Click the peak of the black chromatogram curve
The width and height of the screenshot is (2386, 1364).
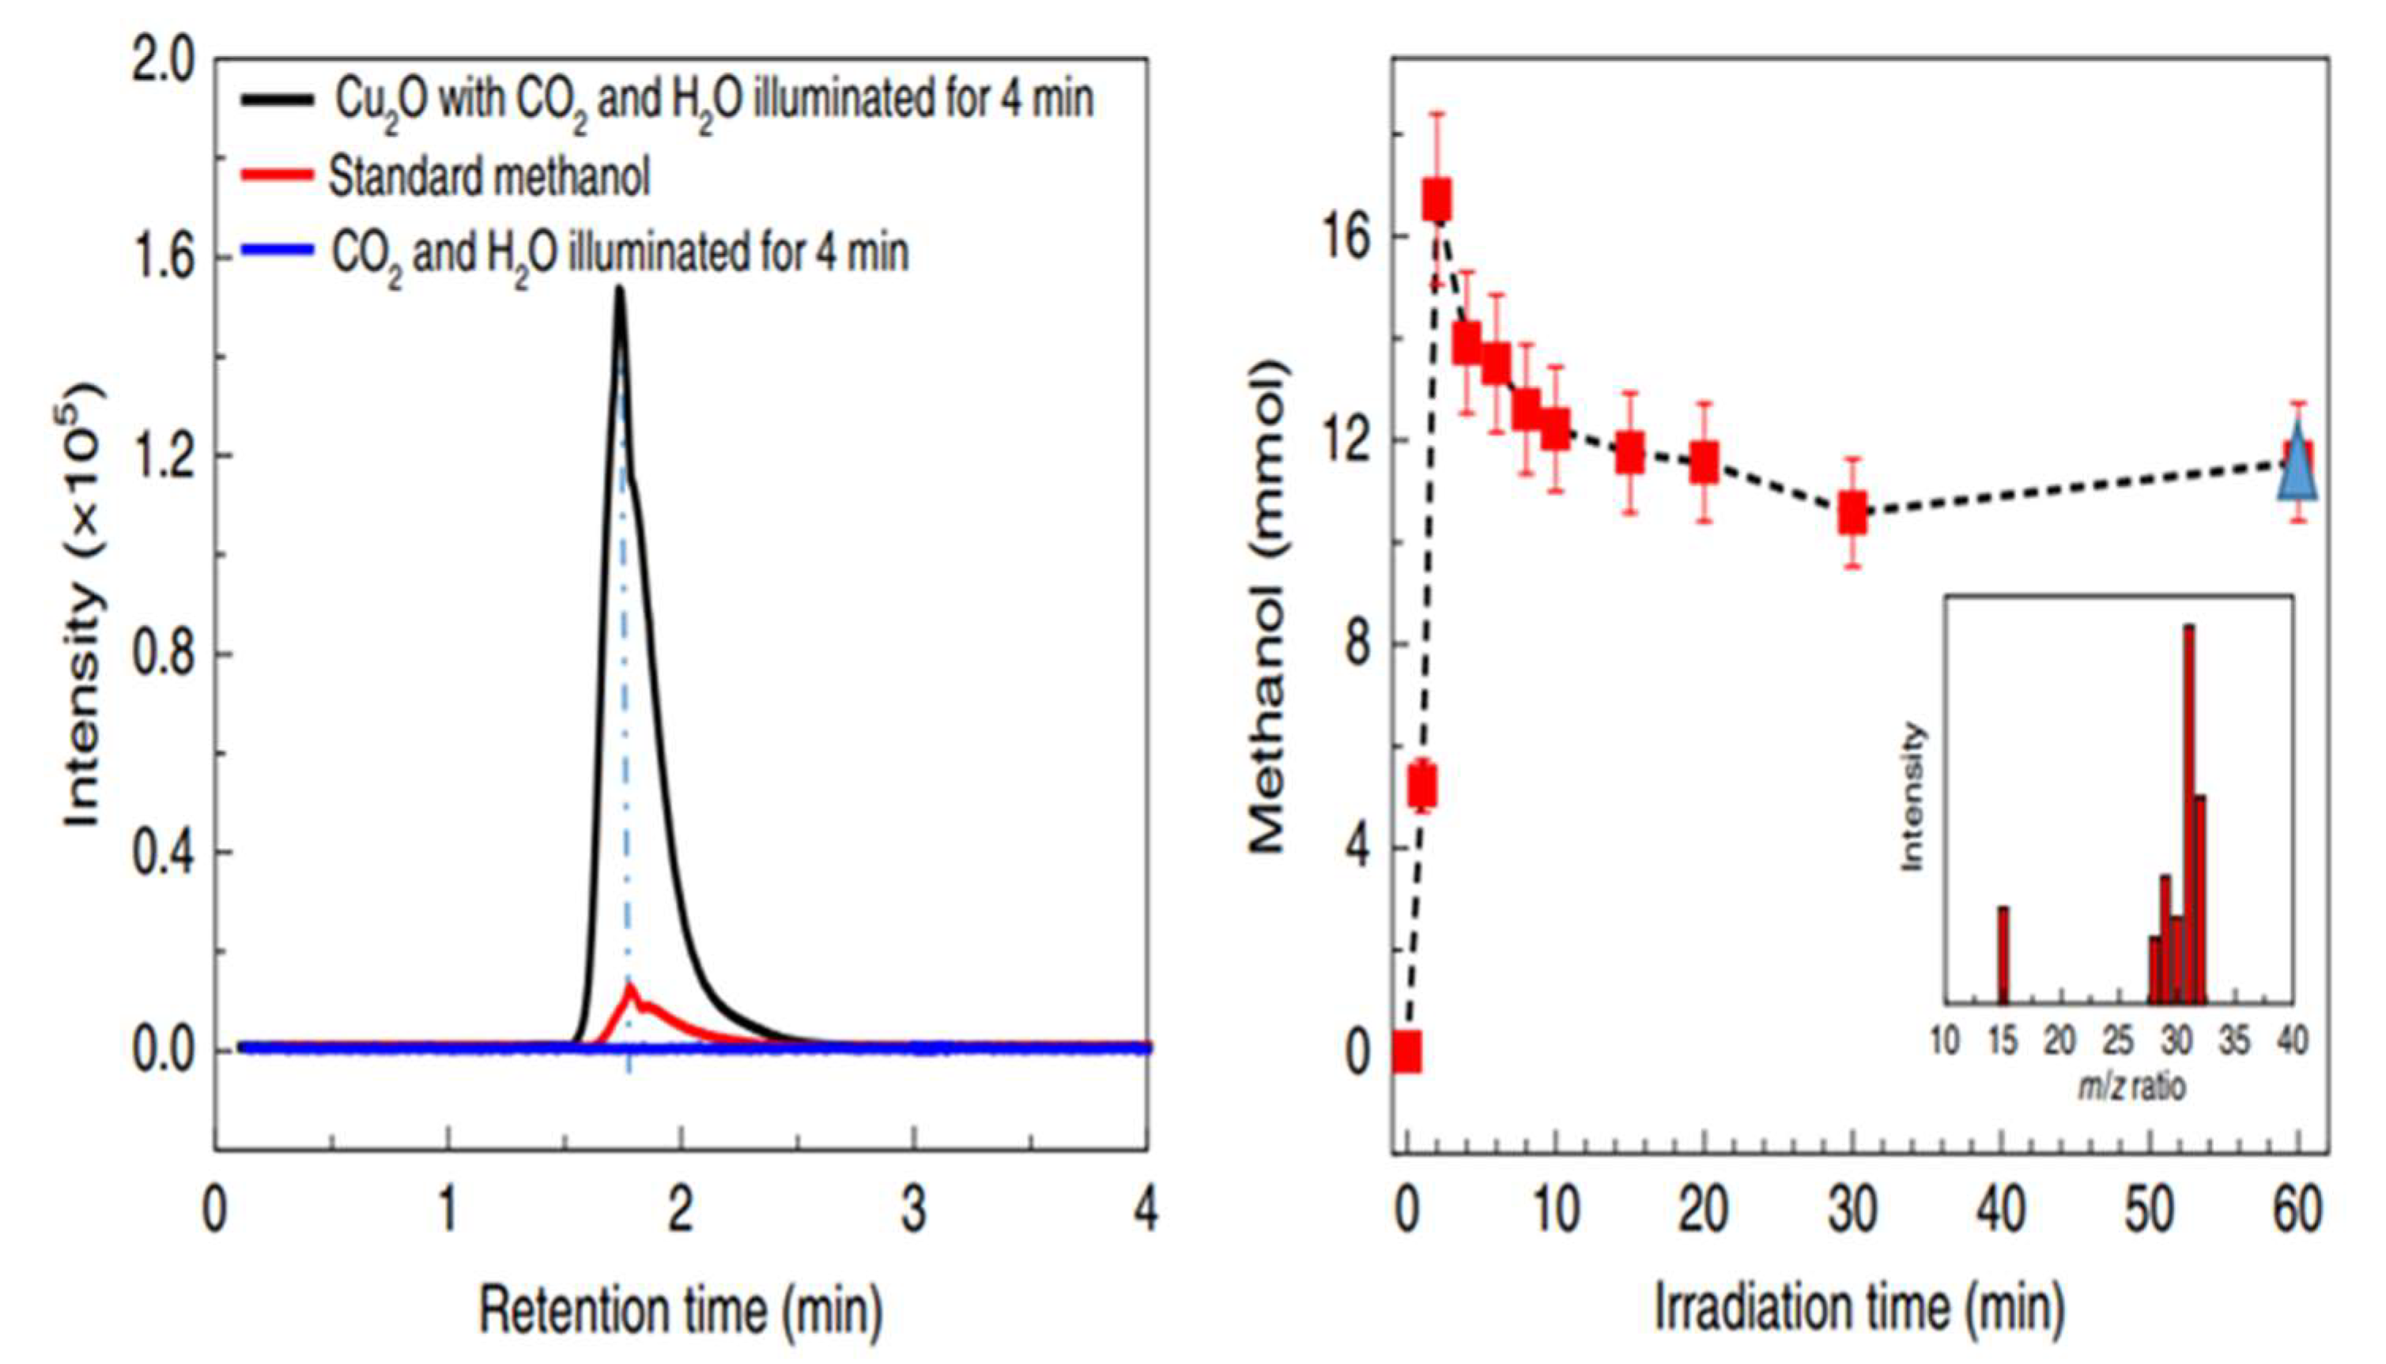pos(618,290)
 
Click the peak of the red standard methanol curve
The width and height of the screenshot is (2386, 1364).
pos(631,986)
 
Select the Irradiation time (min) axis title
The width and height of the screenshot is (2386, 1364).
pos(1859,1308)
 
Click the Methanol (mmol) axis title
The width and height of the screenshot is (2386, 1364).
pos(1267,609)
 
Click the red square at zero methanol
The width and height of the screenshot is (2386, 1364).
pos(1406,1051)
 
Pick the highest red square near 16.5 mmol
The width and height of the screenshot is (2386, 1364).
pos(1437,201)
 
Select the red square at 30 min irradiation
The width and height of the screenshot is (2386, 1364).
pos(1852,514)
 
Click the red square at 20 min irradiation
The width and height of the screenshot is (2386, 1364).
pos(1704,462)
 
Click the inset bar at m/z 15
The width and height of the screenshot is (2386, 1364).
pos(2003,954)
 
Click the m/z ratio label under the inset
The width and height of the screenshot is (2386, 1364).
pos(2133,1087)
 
